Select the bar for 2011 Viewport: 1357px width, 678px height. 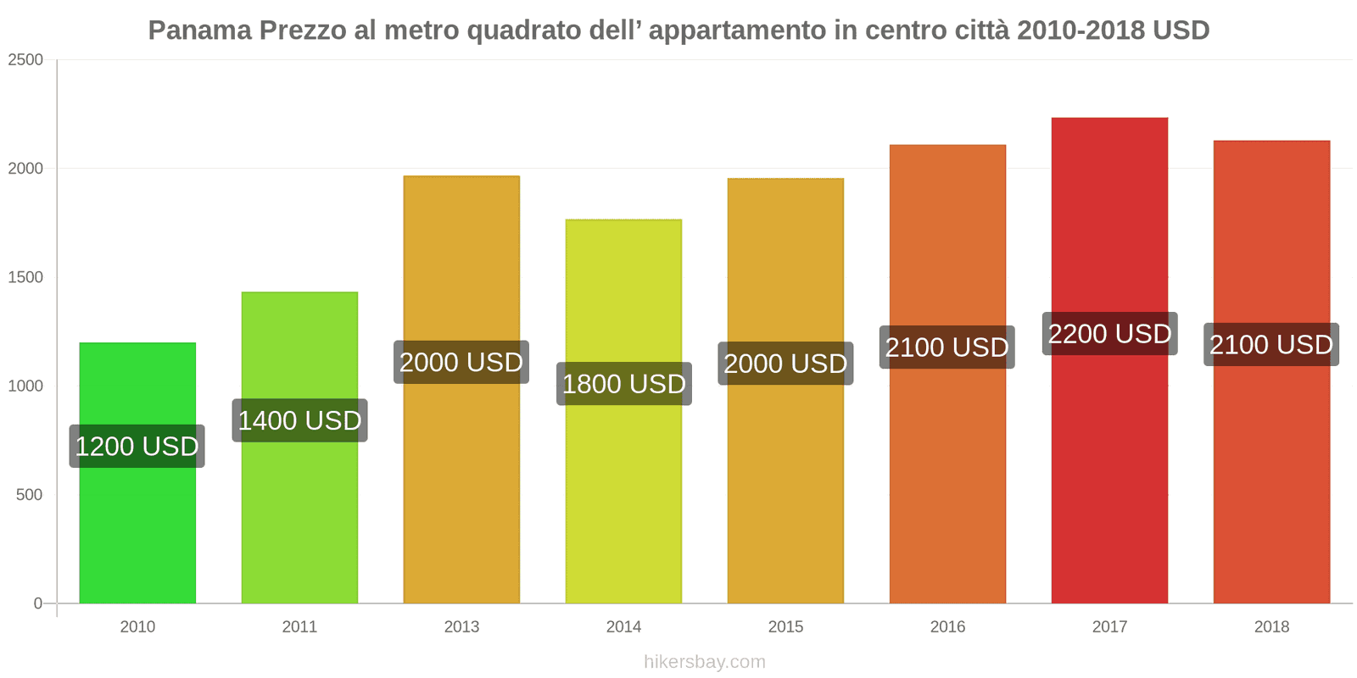(299, 508)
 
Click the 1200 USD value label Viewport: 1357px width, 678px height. (137, 447)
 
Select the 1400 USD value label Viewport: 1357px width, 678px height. (299, 420)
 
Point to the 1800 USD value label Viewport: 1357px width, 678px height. (623, 384)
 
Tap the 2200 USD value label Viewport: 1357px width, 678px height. (1109, 334)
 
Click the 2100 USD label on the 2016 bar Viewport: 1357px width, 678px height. (947, 347)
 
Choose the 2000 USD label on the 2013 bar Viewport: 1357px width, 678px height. (461, 363)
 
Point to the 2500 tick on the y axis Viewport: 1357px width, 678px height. (25, 60)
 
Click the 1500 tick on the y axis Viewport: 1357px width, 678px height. (25, 277)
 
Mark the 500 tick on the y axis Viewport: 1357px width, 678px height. (29, 495)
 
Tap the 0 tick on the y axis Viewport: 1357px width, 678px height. (38, 603)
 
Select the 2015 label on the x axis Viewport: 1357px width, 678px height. (785, 627)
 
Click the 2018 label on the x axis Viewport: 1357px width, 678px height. (1271, 627)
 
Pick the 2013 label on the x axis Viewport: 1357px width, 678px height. (461, 627)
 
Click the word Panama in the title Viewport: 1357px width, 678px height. (200, 31)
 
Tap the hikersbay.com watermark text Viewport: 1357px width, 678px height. (704, 662)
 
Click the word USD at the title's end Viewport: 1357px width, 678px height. (1180, 31)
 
